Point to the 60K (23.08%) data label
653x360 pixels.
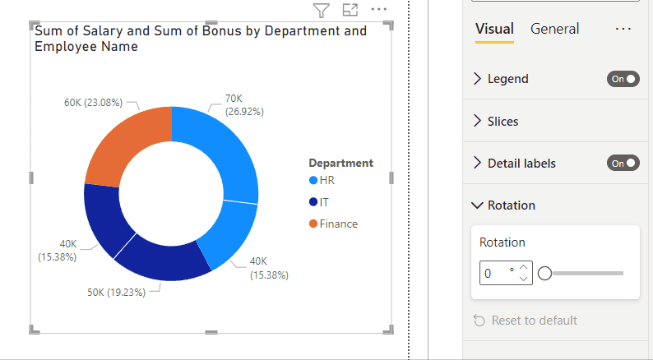pyautogui.click(x=93, y=103)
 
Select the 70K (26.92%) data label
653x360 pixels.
pyautogui.click(x=244, y=104)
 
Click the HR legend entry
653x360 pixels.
pyautogui.click(x=326, y=181)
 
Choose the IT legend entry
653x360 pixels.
pyautogui.click(x=324, y=202)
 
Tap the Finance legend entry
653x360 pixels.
pyautogui.click(x=338, y=224)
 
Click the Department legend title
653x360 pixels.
pyautogui.click(x=340, y=163)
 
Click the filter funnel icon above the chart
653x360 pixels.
pyautogui.click(x=322, y=10)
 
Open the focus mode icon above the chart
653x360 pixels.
pyautogui.click(x=350, y=10)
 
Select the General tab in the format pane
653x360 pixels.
pyautogui.click(x=554, y=29)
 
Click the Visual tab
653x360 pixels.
pyautogui.click(x=494, y=29)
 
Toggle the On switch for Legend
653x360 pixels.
pyautogui.click(x=623, y=79)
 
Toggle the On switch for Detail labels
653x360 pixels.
pyautogui.click(x=623, y=164)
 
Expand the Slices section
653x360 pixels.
pyautogui.click(x=502, y=121)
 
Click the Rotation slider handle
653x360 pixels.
pyautogui.click(x=544, y=273)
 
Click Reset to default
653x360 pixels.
pyautogui.click(x=534, y=321)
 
